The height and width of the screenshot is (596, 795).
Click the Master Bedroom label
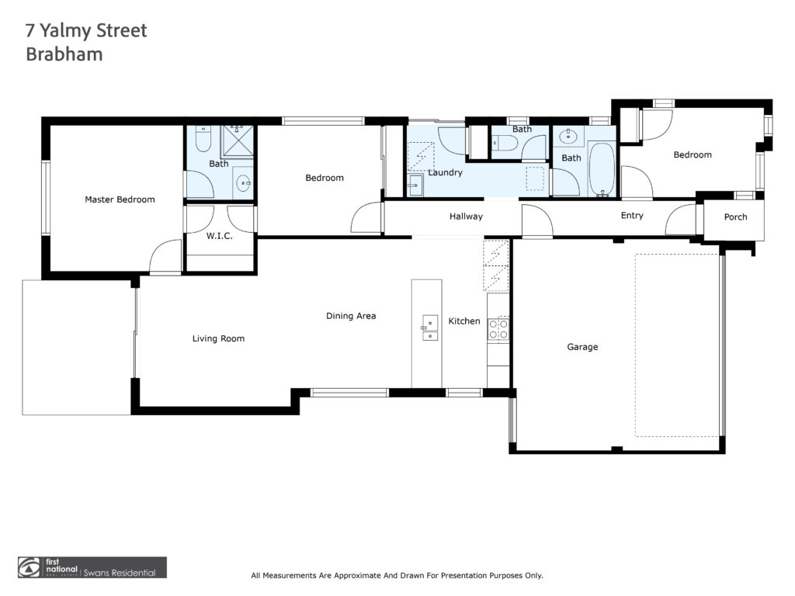(120, 199)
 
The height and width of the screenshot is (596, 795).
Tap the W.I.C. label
(219, 236)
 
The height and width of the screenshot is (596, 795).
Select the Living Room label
(218, 338)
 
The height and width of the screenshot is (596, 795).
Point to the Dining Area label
(351, 316)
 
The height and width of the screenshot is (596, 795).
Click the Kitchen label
(464, 321)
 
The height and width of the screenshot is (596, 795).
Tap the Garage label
(582, 347)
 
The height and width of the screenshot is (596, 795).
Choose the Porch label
(735, 217)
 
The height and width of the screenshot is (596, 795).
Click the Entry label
(632, 216)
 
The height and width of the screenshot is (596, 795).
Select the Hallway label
(466, 217)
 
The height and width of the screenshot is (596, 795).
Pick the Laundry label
(445, 172)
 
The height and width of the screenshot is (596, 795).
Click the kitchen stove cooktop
(498, 328)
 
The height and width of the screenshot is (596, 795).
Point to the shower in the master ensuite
(238, 141)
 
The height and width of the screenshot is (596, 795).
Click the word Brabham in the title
(64, 54)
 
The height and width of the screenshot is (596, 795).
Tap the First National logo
(92, 567)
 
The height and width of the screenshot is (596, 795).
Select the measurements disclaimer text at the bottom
(397, 575)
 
